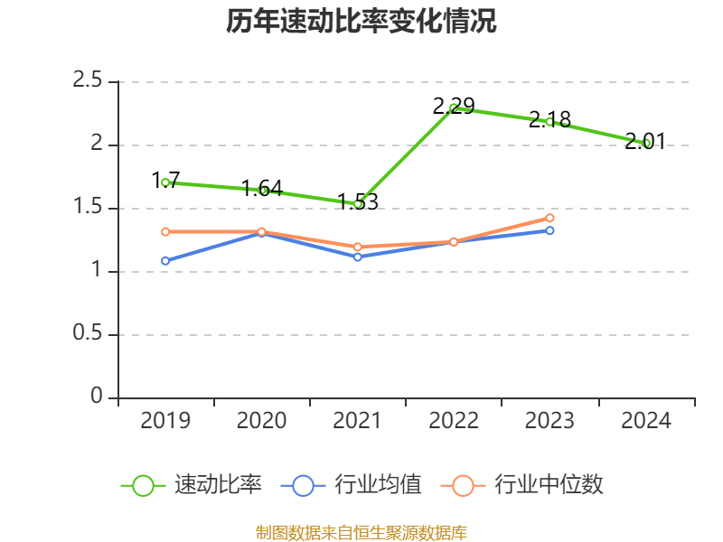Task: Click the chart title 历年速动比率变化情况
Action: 361,22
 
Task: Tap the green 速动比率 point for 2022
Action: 454,107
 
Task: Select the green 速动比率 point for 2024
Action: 646,143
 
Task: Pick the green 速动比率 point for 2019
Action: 165,182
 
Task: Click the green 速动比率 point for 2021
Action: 358,204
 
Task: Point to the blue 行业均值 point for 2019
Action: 165,261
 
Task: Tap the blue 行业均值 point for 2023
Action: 549,230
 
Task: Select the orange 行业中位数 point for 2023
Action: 549,218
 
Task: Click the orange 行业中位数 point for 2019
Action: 165,232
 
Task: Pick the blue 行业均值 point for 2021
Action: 358,257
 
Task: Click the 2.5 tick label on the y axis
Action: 89,81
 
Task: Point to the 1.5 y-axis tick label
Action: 89,208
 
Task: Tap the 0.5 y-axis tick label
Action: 89,334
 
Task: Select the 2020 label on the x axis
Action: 261,421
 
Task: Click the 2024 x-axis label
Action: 646,421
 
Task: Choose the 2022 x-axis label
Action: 454,421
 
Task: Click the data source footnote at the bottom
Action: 361,532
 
